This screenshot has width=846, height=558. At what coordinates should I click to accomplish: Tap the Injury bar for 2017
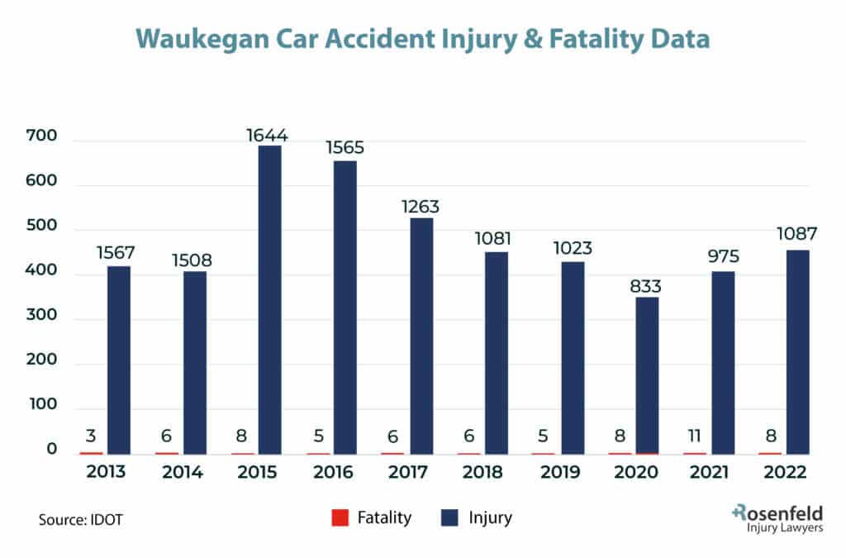(x=421, y=336)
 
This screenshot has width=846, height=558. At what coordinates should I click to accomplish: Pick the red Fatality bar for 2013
(x=91, y=452)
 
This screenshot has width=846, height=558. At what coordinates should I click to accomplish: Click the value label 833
(x=647, y=285)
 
